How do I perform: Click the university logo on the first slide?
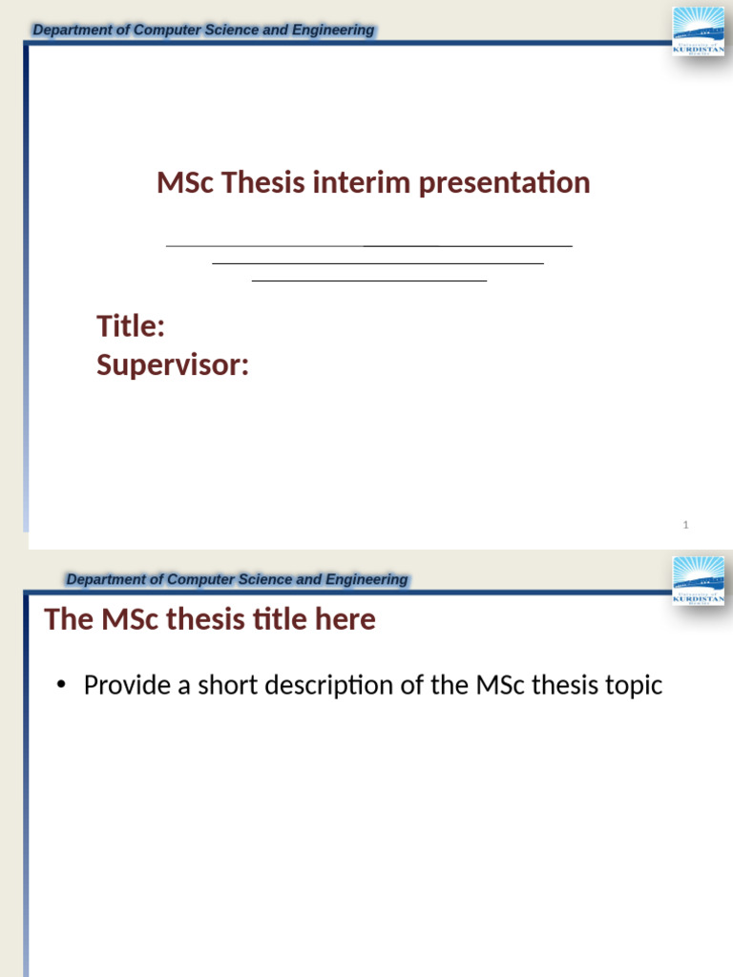(x=699, y=31)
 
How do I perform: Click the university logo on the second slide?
(x=699, y=580)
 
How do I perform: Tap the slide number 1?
(x=686, y=525)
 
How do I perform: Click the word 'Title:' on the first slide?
(x=131, y=326)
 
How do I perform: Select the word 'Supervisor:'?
(x=173, y=364)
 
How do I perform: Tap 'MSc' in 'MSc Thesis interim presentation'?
(x=185, y=182)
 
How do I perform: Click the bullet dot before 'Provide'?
(x=62, y=686)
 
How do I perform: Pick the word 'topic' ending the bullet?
(x=631, y=685)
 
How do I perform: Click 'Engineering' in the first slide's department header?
(x=333, y=31)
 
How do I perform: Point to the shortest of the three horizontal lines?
(x=369, y=281)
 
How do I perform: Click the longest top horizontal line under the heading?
(x=369, y=246)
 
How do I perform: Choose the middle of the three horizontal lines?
(x=378, y=263)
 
